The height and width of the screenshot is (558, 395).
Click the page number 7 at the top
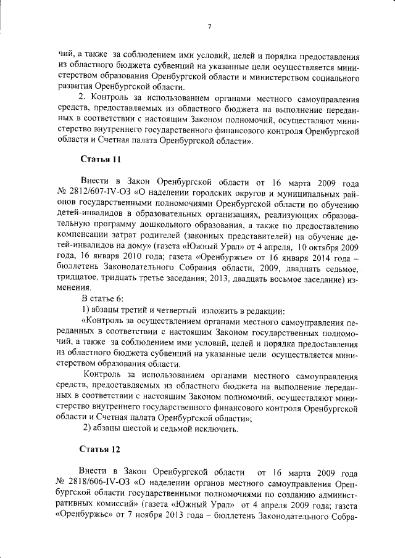(209, 26)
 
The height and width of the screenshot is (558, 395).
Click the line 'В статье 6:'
(102, 298)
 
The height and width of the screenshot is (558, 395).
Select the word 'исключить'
(217, 429)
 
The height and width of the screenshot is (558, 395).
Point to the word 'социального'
(331, 78)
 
